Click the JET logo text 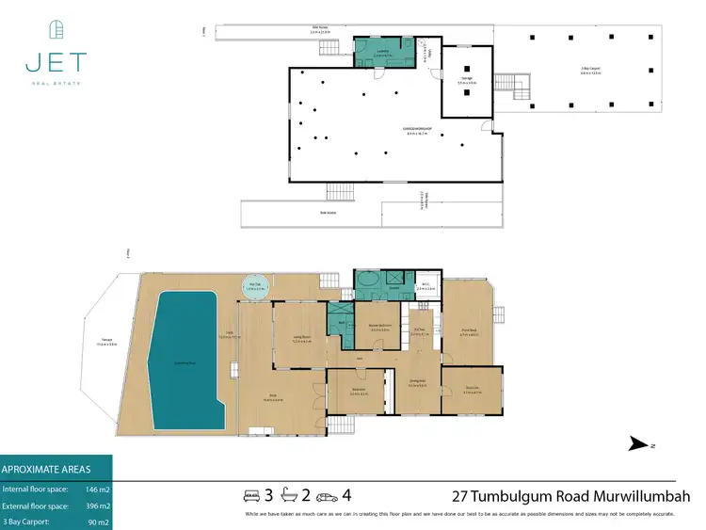tap(56, 63)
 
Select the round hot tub tap(254, 288)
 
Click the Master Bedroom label tap(379, 329)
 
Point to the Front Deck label tap(468, 333)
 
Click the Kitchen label tap(421, 332)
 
